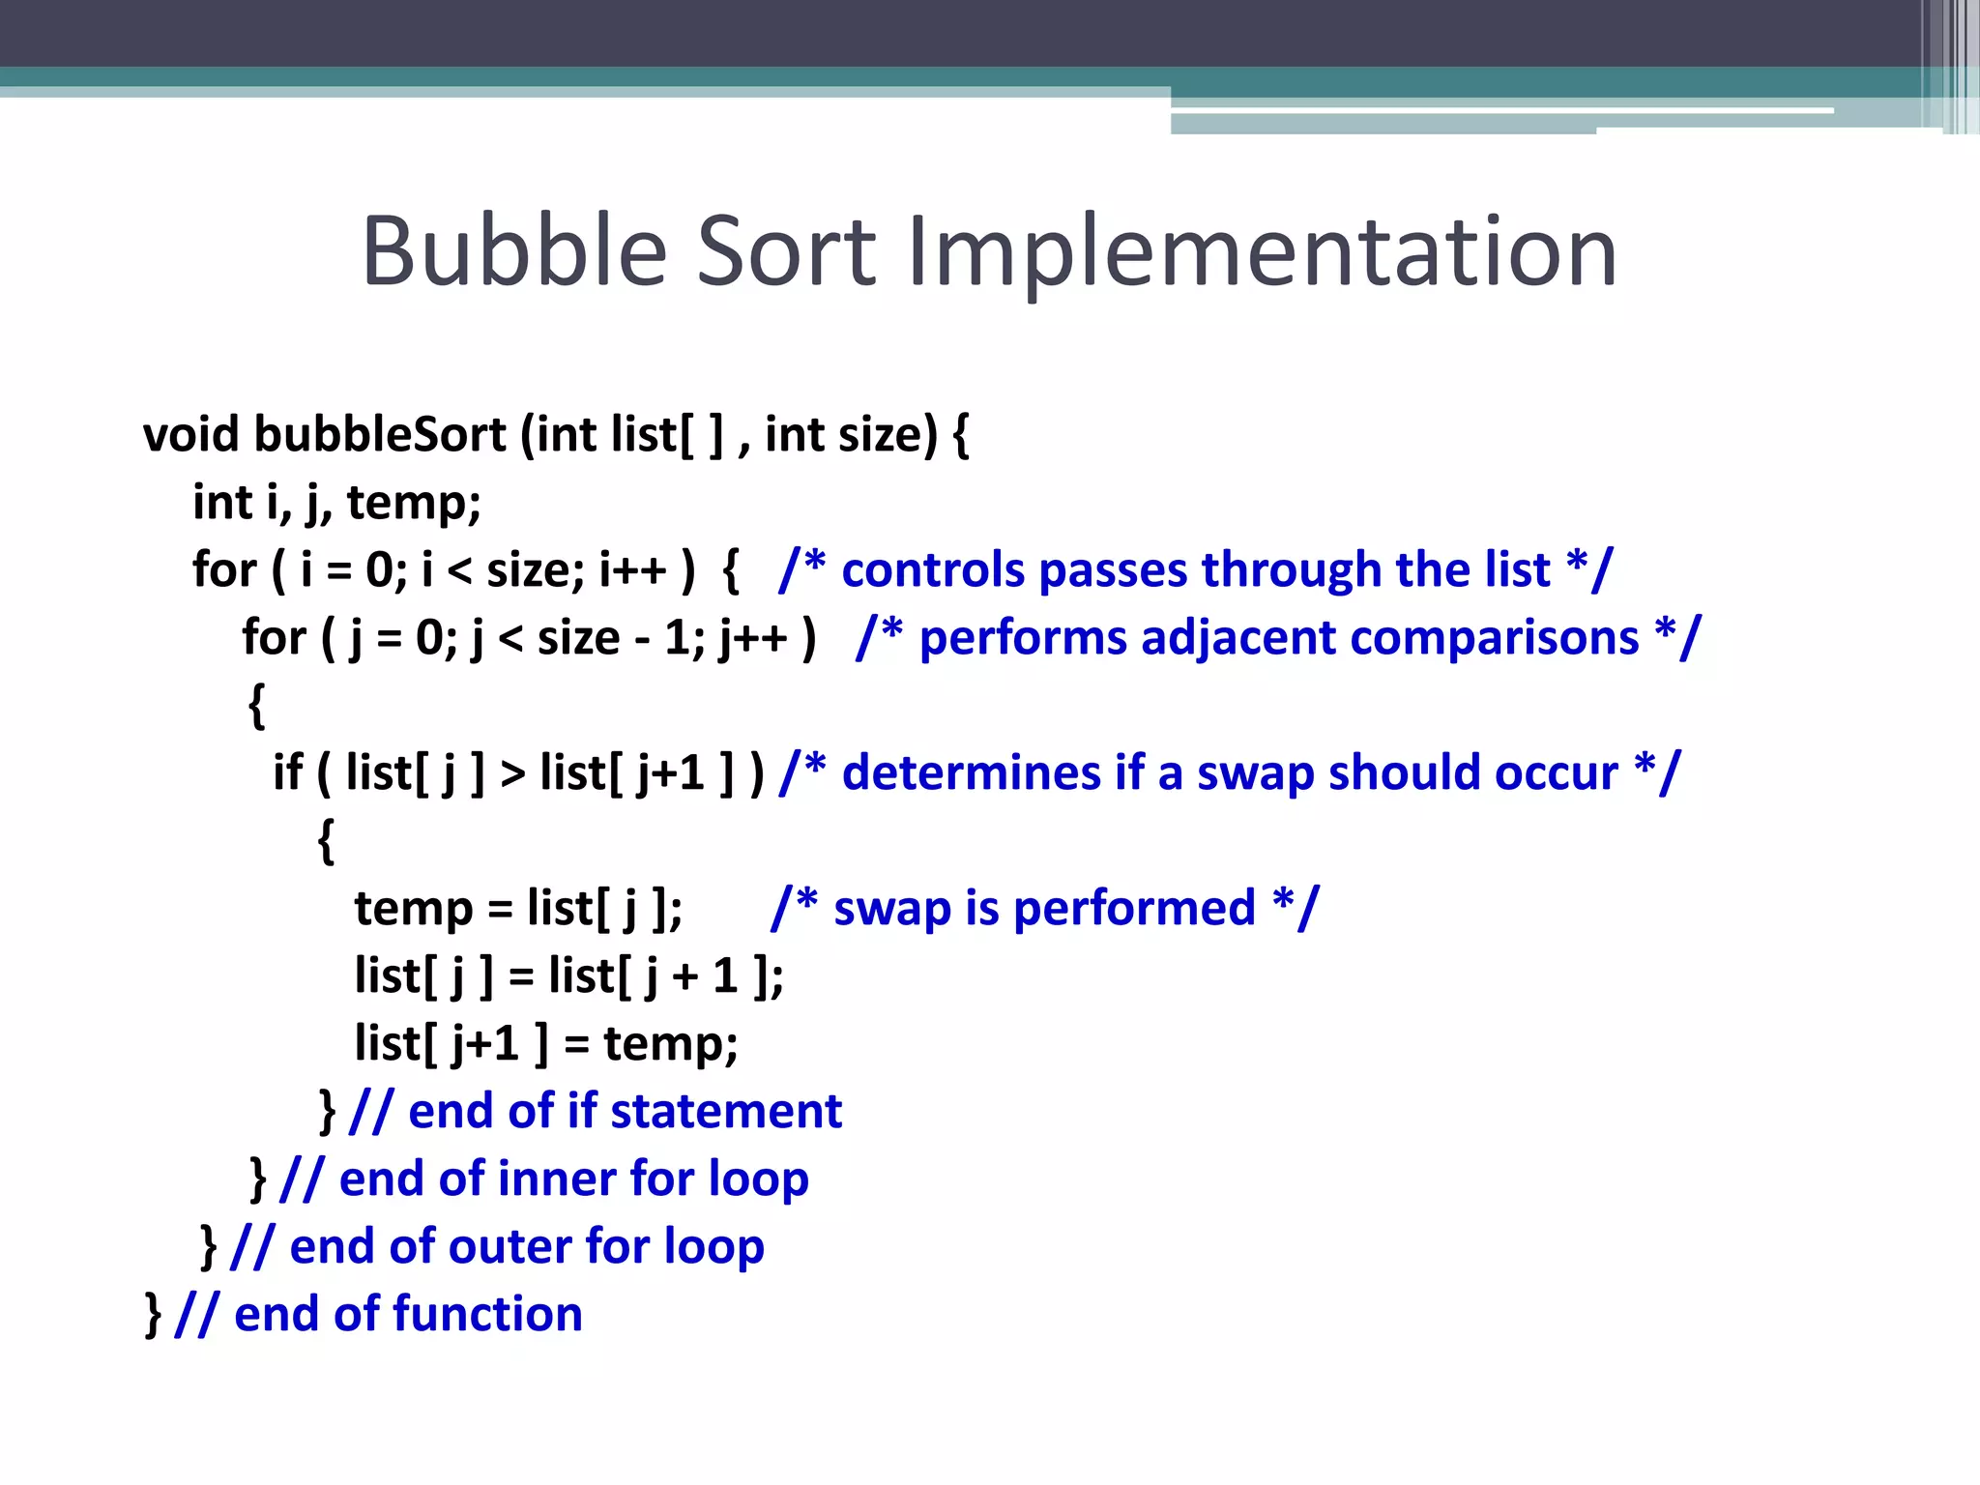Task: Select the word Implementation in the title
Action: (x=1261, y=253)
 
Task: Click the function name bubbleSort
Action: (x=380, y=434)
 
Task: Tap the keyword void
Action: (x=190, y=434)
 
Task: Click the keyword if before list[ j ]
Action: (x=287, y=772)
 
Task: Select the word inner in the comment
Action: (x=557, y=1179)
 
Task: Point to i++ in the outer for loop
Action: (x=633, y=569)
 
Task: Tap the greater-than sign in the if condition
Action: (x=512, y=773)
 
